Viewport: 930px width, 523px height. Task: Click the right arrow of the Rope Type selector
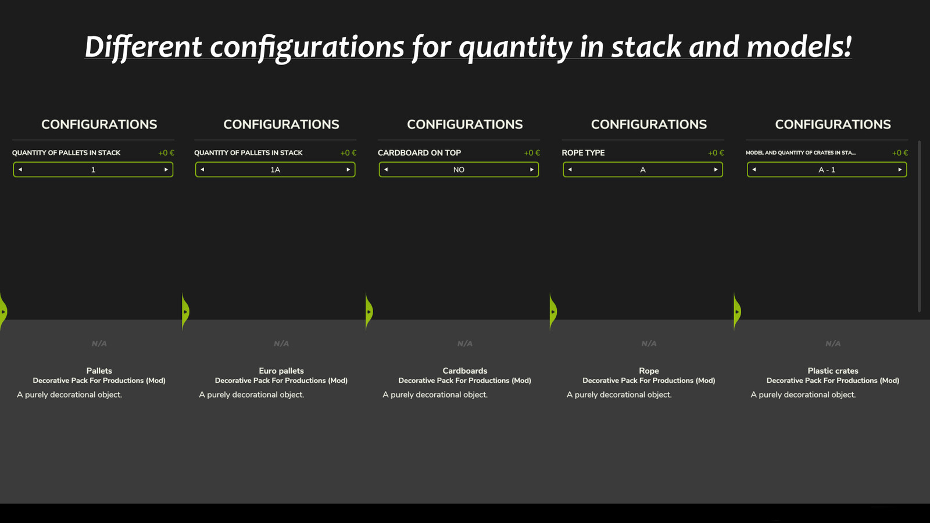[x=716, y=169]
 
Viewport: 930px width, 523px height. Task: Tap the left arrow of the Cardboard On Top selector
[x=386, y=169]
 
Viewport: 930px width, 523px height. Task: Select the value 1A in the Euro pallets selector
[x=276, y=170]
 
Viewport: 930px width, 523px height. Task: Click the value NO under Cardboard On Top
[x=459, y=170]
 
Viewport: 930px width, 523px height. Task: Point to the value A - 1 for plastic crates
[x=827, y=170]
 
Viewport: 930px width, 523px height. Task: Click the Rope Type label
[x=583, y=153]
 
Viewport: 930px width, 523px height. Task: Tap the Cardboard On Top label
[x=419, y=153]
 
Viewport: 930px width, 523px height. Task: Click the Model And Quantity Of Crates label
[x=800, y=153]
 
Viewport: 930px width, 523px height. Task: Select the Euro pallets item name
[x=281, y=371]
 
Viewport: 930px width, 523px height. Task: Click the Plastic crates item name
[x=833, y=371]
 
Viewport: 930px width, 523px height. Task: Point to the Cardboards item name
[x=464, y=371]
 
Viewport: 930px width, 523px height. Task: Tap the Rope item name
[x=649, y=371]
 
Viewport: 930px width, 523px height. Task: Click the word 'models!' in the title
[x=799, y=46]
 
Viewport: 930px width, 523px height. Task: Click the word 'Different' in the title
[x=143, y=47]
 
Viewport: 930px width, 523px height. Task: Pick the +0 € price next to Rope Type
[x=716, y=153]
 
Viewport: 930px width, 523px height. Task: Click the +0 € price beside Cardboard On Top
[x=532, y=153]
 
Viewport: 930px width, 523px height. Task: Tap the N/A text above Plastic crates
[x=833, y=343]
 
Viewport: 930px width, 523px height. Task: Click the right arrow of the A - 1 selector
[x=900, y=169]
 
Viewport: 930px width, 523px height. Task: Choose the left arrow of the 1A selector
[x=202, y=169]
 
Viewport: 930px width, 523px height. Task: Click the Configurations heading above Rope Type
[x=649, y=124]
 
